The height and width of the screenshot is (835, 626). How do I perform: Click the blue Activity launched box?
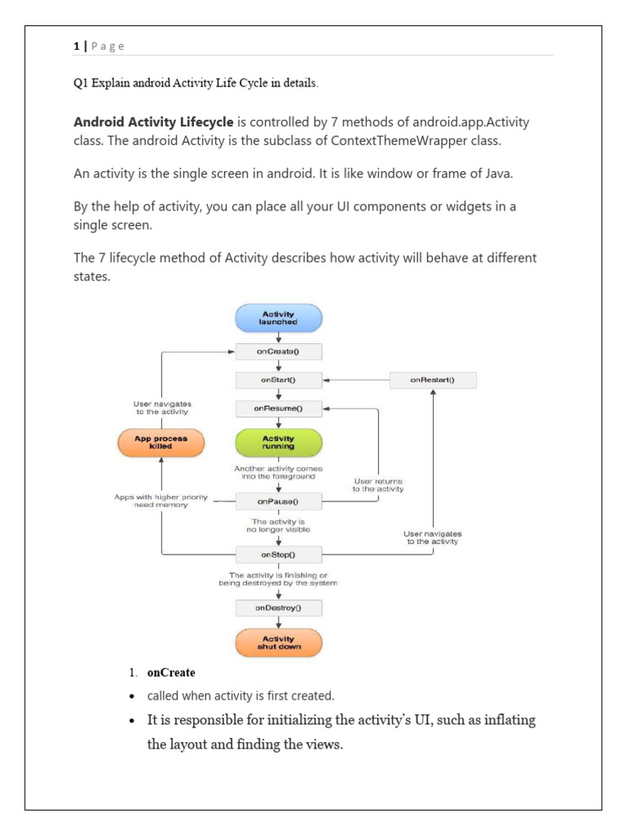pos(279,318)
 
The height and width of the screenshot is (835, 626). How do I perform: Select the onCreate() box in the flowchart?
pos(279,351)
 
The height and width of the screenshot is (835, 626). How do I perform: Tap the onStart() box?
pos(279,380)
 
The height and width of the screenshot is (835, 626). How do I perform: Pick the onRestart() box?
pos(433,380)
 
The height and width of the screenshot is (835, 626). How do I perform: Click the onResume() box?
pos(279,408)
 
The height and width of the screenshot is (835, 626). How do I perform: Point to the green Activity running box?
pos(279,442)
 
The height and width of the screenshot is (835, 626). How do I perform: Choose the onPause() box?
pos(279,501)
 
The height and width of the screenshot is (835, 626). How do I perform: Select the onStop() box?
pos(279,554)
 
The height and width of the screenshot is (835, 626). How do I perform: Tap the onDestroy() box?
pos(279,608)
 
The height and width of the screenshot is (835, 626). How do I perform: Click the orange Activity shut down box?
pos(279,643)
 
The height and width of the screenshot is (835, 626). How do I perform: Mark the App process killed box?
pos(161,443)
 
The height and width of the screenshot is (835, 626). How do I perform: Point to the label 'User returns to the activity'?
pos(377,484)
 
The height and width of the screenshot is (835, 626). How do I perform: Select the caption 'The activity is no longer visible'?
pos(279,525)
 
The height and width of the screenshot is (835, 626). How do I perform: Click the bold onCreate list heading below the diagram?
pos(171,673)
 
